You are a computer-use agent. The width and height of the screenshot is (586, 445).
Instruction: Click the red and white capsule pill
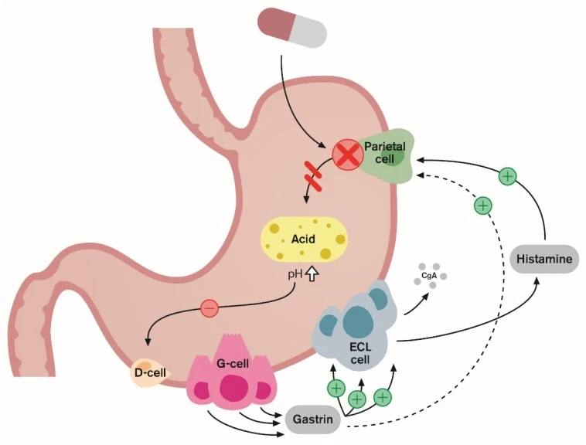coord(292,29)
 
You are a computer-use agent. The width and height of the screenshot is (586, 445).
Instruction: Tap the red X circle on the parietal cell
coord(348,155)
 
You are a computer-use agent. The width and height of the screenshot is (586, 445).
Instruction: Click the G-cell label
coord(233,362)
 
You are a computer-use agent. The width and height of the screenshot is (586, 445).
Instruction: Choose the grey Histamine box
coord(545,260)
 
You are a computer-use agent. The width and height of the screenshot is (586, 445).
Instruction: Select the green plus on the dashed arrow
coord(482,206)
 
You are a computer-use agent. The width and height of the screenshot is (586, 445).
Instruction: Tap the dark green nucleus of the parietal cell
coord(397,157)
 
